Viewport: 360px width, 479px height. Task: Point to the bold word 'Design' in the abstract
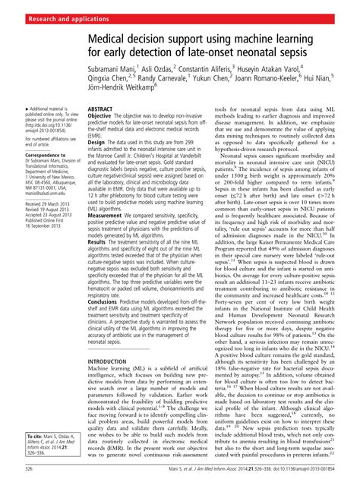(97, 142)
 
